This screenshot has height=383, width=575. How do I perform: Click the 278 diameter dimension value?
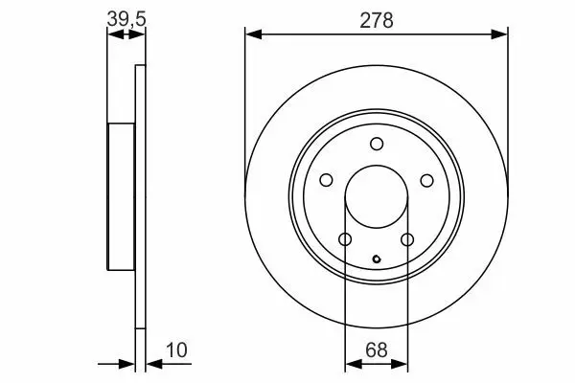pyautogui.click(x=377, y=20)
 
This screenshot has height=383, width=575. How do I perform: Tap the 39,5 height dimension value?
pyautogui.click(x=126, y=19)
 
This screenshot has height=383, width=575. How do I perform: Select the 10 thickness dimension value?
pyautogui.click(x=176, y=350)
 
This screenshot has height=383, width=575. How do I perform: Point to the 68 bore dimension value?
pyautogui.click(x=377, y=350)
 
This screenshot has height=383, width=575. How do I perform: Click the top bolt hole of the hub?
pyautogui.click(x=377, y=144)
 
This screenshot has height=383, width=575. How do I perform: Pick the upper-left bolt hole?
pyautogui.click(x=326, y=180)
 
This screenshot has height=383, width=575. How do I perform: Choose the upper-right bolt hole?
pyautogui.click(x=426, y=180)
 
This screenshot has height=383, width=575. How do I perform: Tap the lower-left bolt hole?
pyautogui.click(x=345, y=239)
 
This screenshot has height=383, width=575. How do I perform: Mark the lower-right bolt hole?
pyautogui.click(x=407, y=239)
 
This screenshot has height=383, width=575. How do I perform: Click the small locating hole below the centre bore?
pyautogui.click(x=377, y=259)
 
